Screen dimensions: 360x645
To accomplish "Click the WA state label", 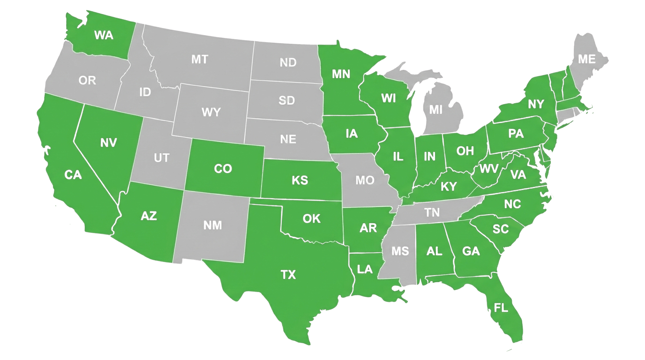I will pos(103,35).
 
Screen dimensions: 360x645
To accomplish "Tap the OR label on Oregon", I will pos(87,81).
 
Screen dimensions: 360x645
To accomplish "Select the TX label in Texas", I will pos(288,275).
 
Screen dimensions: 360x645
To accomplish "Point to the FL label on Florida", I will pos(501,308).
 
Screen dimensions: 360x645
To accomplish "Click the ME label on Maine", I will pos(586,59).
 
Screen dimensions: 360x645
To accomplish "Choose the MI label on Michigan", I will pos(436,110).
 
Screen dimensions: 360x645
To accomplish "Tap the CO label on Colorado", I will pos(223,168).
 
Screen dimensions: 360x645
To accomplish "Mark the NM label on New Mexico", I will pos(212,225).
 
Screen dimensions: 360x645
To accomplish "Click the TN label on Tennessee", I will pos(432,212).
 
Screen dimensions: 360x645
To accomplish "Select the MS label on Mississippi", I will pos(400,251).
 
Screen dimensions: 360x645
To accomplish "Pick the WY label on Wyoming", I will pos(211,112).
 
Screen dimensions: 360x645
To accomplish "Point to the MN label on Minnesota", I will pos(341,74).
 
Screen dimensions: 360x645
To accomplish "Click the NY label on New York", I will pos(536,104).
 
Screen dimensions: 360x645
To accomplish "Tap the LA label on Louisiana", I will pos(364,270).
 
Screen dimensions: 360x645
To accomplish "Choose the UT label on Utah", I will pos(161,158).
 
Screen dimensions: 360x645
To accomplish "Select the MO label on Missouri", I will pos(364,180).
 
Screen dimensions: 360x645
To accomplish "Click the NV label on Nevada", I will pos(108,142).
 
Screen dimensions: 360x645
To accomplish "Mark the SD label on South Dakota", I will pos(286,100).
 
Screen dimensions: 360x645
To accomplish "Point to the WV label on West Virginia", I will pos(489,168).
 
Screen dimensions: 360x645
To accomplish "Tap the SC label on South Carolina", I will pos(501,229).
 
